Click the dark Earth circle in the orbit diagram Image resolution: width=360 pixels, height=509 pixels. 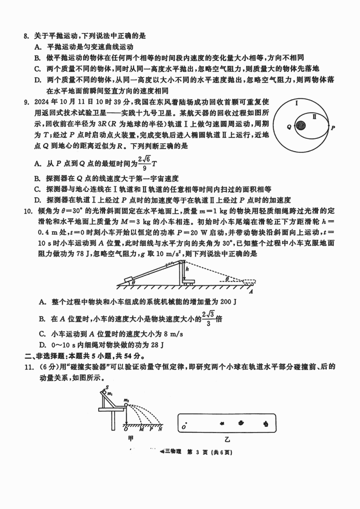click(x=301, y=125)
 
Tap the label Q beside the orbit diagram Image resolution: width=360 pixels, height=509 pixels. click(x=289, y=127)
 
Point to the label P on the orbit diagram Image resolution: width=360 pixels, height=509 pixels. click(x=333, y=128)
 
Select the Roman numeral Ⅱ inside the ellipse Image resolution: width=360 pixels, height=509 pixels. click(x=314, y=117)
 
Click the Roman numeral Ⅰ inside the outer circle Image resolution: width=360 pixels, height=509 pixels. click(x=297, y=103)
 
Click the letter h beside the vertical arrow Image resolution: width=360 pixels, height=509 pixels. click(x=187, y=269)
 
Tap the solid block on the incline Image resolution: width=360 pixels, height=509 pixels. click(x=130, y=279)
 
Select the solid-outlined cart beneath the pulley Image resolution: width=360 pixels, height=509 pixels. click(x=189, y=282)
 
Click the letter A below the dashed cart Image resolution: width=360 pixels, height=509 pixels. click(x=251, y=292)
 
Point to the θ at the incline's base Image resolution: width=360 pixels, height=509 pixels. click(x=133, y=282)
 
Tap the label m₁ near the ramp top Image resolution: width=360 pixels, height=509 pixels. click(x=110, y=394)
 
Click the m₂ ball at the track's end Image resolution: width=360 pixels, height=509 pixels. click(x=126, y=405)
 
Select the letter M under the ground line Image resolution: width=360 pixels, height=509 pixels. click(x=141, y=429)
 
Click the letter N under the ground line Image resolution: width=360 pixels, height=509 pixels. click(x=160, y=429)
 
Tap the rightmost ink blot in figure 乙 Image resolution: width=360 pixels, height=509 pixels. click(x=266, y=424)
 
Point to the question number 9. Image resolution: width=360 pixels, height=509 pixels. click(x=26, y=102)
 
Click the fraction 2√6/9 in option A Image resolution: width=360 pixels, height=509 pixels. click(x=144, y=164)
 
